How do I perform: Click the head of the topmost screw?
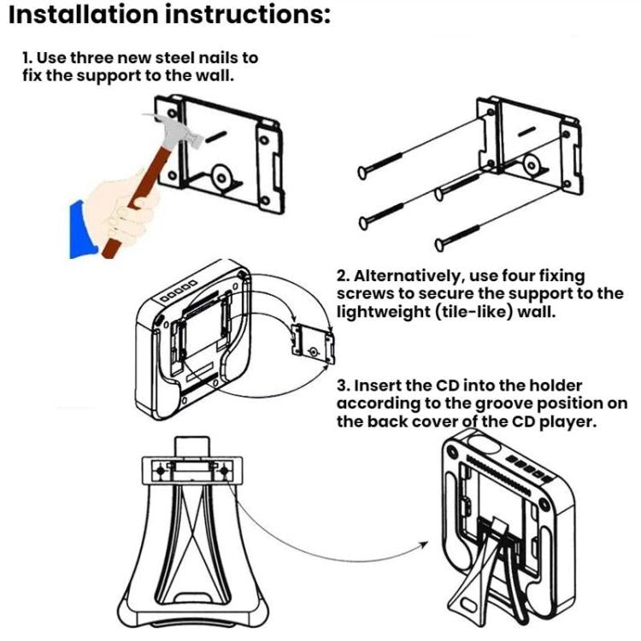click(360, 173)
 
